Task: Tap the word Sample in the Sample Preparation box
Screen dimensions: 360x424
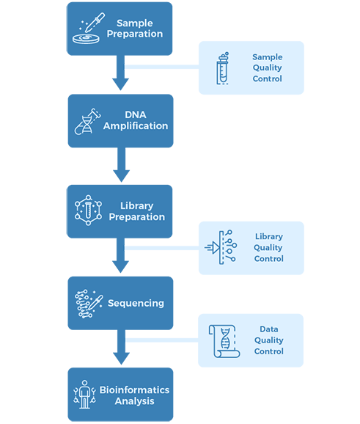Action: (135, 23)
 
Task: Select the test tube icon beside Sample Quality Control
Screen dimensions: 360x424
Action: (223, 68)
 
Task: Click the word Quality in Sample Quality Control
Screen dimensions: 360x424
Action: (267, 68)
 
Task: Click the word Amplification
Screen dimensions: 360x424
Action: (136, 125)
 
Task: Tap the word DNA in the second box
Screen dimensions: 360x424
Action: (136, 114)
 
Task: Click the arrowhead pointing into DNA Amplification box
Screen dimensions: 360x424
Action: (120, 84)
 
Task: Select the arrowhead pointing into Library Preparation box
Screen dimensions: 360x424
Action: (122, 176)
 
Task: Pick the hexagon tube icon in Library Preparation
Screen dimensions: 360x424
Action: (88, 210)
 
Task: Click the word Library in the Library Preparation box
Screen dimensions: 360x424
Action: (137, 206)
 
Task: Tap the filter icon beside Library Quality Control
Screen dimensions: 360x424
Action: (221, 247)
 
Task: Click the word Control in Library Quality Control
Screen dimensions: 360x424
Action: (268, 259)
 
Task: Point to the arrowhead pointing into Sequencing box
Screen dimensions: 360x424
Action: (120, 267)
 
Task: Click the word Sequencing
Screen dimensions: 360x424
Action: (136, 304)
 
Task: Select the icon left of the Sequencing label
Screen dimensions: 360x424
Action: (89, 304)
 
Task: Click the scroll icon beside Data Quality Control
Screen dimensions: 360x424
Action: (224, 341)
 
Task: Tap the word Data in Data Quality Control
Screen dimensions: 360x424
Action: (268, 329)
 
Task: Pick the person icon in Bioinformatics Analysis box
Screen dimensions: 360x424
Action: (84, 394)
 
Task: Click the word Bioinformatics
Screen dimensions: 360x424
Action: (134, 390)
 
